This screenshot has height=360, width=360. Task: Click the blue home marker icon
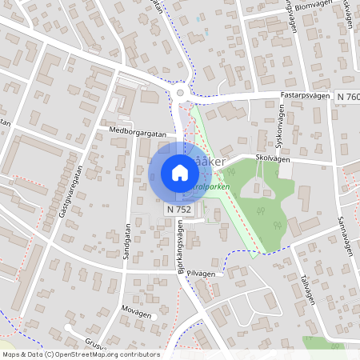(x=180, y=172)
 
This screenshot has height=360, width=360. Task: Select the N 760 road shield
(x=348, y=97)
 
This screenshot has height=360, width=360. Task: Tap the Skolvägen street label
(x=273, y=158)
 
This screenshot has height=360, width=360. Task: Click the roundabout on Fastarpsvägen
(x=181, y=94)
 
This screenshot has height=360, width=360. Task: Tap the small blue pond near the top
(x=198, y=18)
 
